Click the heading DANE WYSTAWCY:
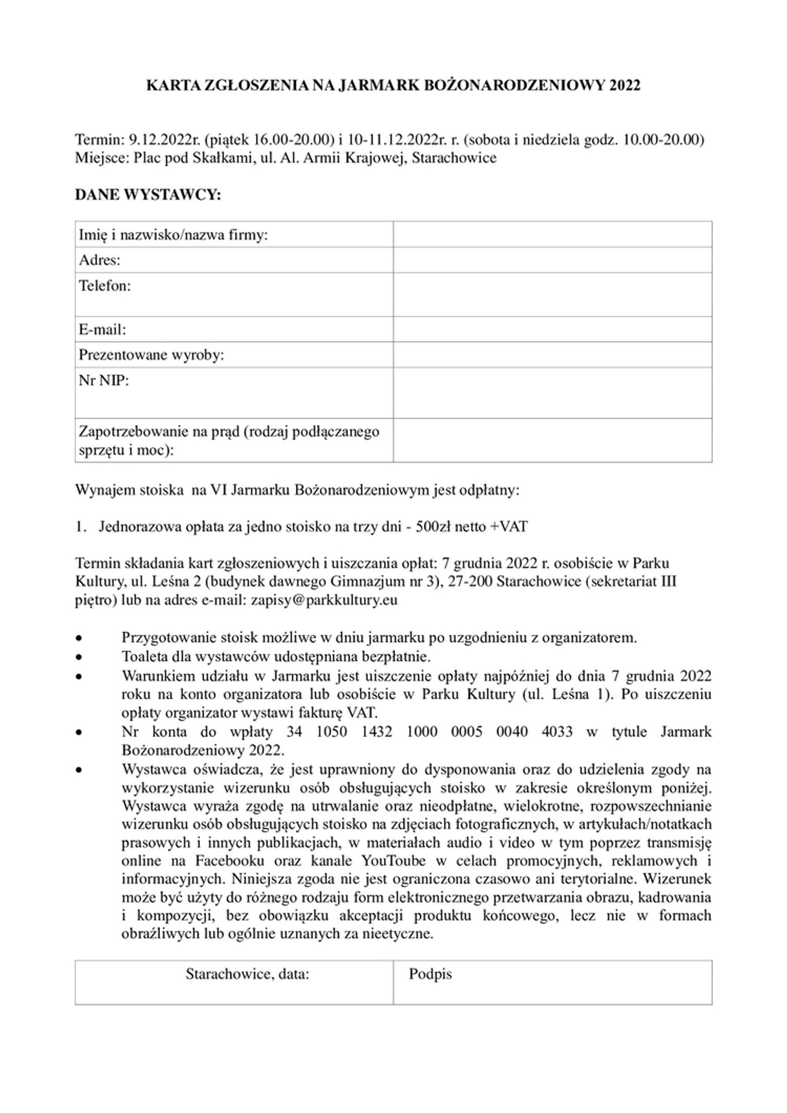click(148, 195)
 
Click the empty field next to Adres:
click(552, 260)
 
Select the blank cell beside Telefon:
click(552, 294)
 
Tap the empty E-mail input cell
click(552, 329)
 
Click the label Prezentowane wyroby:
click(151, 355)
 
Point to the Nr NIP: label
click(103, 381)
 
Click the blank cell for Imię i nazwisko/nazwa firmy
click(552, 235)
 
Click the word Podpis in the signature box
click(430, 974)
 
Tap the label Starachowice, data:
click(247, 974)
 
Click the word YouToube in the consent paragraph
click(393, 860)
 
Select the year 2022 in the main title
click(624, 85)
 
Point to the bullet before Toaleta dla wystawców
click(79, 657)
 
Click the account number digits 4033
click(557, 731)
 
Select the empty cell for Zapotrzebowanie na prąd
click(552, 440)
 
